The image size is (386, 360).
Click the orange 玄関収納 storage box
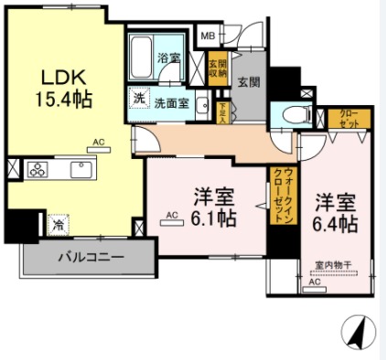click(x=217, y=70)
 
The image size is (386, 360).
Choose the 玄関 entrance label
click(x=249, y=81)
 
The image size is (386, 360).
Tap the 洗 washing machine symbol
click(x=140, y=99)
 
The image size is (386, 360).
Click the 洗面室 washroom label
click(x=171, y=102)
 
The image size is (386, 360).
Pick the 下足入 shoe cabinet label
click(x=223, y=111)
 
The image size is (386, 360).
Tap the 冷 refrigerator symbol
click(x=58, y=223)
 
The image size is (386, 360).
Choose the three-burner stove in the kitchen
click(x=38, y=170)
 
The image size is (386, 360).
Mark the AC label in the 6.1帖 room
click(x=171, y=217)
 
